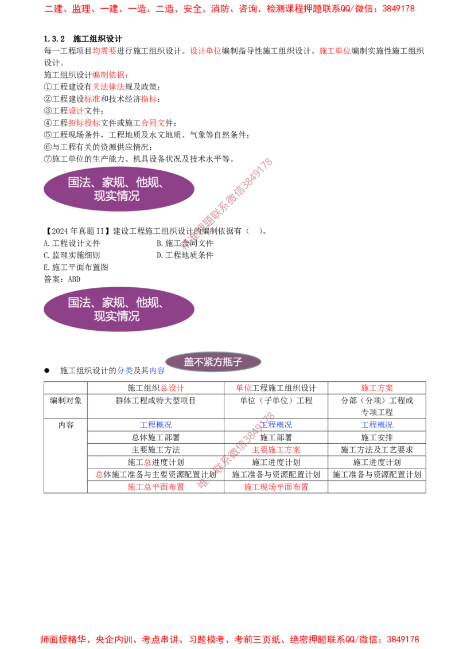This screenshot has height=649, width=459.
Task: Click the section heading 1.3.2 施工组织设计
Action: [x=83, y=39]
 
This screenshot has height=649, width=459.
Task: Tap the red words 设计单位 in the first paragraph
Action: [x=205, y=51]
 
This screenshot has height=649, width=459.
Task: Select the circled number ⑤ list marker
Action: [x=48, y=135]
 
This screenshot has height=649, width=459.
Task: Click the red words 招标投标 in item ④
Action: [x=84, y=123]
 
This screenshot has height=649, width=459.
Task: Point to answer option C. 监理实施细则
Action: [x=72, y=255]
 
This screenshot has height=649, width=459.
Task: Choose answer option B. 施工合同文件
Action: [x=185, y=243]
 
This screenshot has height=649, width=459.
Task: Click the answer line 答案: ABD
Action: [x=62, y=279]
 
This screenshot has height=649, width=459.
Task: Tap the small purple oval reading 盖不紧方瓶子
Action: [x=213, y=362]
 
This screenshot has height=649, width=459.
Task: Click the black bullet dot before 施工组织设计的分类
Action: [x=47, y=370]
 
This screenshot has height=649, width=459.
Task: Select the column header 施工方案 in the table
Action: [x=377, y=388]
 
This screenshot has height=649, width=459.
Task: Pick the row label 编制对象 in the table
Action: [x=66, y=401]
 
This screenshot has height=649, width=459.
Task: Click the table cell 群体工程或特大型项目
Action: [x=155, y=401]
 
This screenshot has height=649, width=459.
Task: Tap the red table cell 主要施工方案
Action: [x=277, y=450]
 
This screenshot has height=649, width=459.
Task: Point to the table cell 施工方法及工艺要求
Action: [x=377, y=450]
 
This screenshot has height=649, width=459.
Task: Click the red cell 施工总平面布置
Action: [x=155, y=487]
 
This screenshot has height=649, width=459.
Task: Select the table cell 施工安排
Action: [x=377, y=437]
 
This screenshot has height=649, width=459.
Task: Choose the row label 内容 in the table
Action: [x=66, y=425]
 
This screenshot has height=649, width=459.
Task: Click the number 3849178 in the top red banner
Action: [x=399, y=9]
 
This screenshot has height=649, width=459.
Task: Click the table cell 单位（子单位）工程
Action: [x=277, y=401]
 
